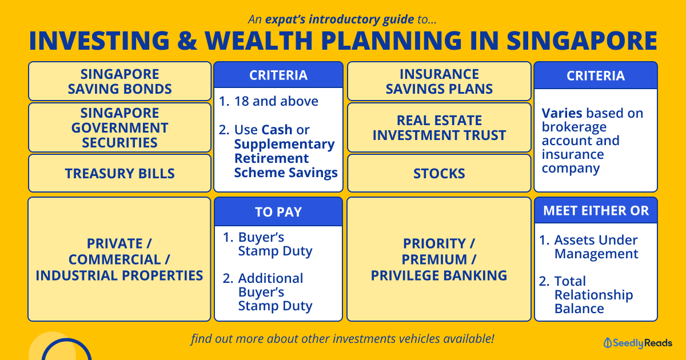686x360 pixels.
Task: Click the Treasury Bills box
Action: click(x=119, y=173)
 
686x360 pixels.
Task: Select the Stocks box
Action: click(x=439, y=173)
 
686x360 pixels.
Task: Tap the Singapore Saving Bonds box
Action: click(x=119, y=81)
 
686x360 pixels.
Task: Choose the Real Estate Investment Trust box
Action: click(x=439, y=127)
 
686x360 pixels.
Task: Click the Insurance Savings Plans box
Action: click(x=439, y=81)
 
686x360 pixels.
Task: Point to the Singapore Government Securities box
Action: click(x=119, y=127)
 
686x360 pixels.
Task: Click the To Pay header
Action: click(x=278, y=212)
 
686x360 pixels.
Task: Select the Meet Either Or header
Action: click(x=596, y=211)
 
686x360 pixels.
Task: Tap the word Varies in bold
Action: click(x=562, y=113)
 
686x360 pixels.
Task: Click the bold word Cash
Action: click(x=277, y=130)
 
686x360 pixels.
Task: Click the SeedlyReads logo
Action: click(x=637, y=343)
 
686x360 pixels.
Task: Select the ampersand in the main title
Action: click(x=186, y=41)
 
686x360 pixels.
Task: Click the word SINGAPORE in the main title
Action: click(x=582, y=41)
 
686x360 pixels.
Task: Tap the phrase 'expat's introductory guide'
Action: click(x=340, y=19)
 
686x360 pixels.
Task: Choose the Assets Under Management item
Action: click(x=588, y=247)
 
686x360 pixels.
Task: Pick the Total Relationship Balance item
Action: click(x=586, y=295)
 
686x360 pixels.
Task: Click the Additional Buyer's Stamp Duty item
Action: click(x=268, y=292)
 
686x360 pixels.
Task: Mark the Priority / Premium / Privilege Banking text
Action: click(x=439, y=259)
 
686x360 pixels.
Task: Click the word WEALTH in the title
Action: click(x=259, y=41)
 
